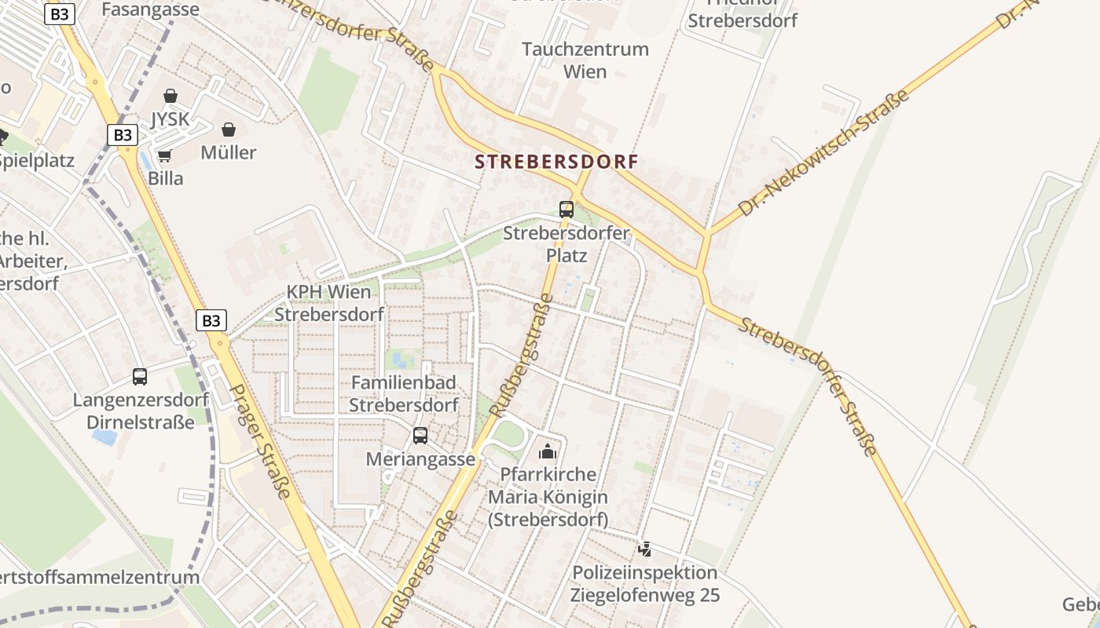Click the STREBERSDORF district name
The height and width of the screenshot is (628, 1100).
pos(556,162)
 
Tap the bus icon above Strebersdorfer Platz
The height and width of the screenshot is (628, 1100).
pos(566,210)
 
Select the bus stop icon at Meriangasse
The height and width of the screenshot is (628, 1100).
pos(420,436)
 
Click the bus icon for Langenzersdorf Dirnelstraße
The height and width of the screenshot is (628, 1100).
pos(140,377)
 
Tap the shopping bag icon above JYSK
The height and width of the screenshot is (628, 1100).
pos(170,96)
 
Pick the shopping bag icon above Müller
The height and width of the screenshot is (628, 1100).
pos(229,130)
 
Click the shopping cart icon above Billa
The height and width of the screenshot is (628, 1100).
pos(165,156)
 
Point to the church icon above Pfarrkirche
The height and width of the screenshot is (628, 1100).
pos(547,451)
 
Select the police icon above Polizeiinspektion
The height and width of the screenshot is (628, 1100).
pos(645,549)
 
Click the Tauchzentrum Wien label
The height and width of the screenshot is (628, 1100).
pos(585,60)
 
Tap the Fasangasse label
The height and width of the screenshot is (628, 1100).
pos(151,10)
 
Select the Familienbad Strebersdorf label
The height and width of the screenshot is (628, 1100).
pos(404,394)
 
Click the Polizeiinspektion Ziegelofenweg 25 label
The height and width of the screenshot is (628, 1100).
pos(645,584)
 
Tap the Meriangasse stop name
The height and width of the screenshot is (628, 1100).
pos(421,459)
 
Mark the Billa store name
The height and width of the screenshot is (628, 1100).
pos(166,179)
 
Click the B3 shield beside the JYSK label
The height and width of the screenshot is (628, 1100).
pos(123,135)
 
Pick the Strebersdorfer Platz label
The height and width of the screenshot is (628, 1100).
pos(566,244)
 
